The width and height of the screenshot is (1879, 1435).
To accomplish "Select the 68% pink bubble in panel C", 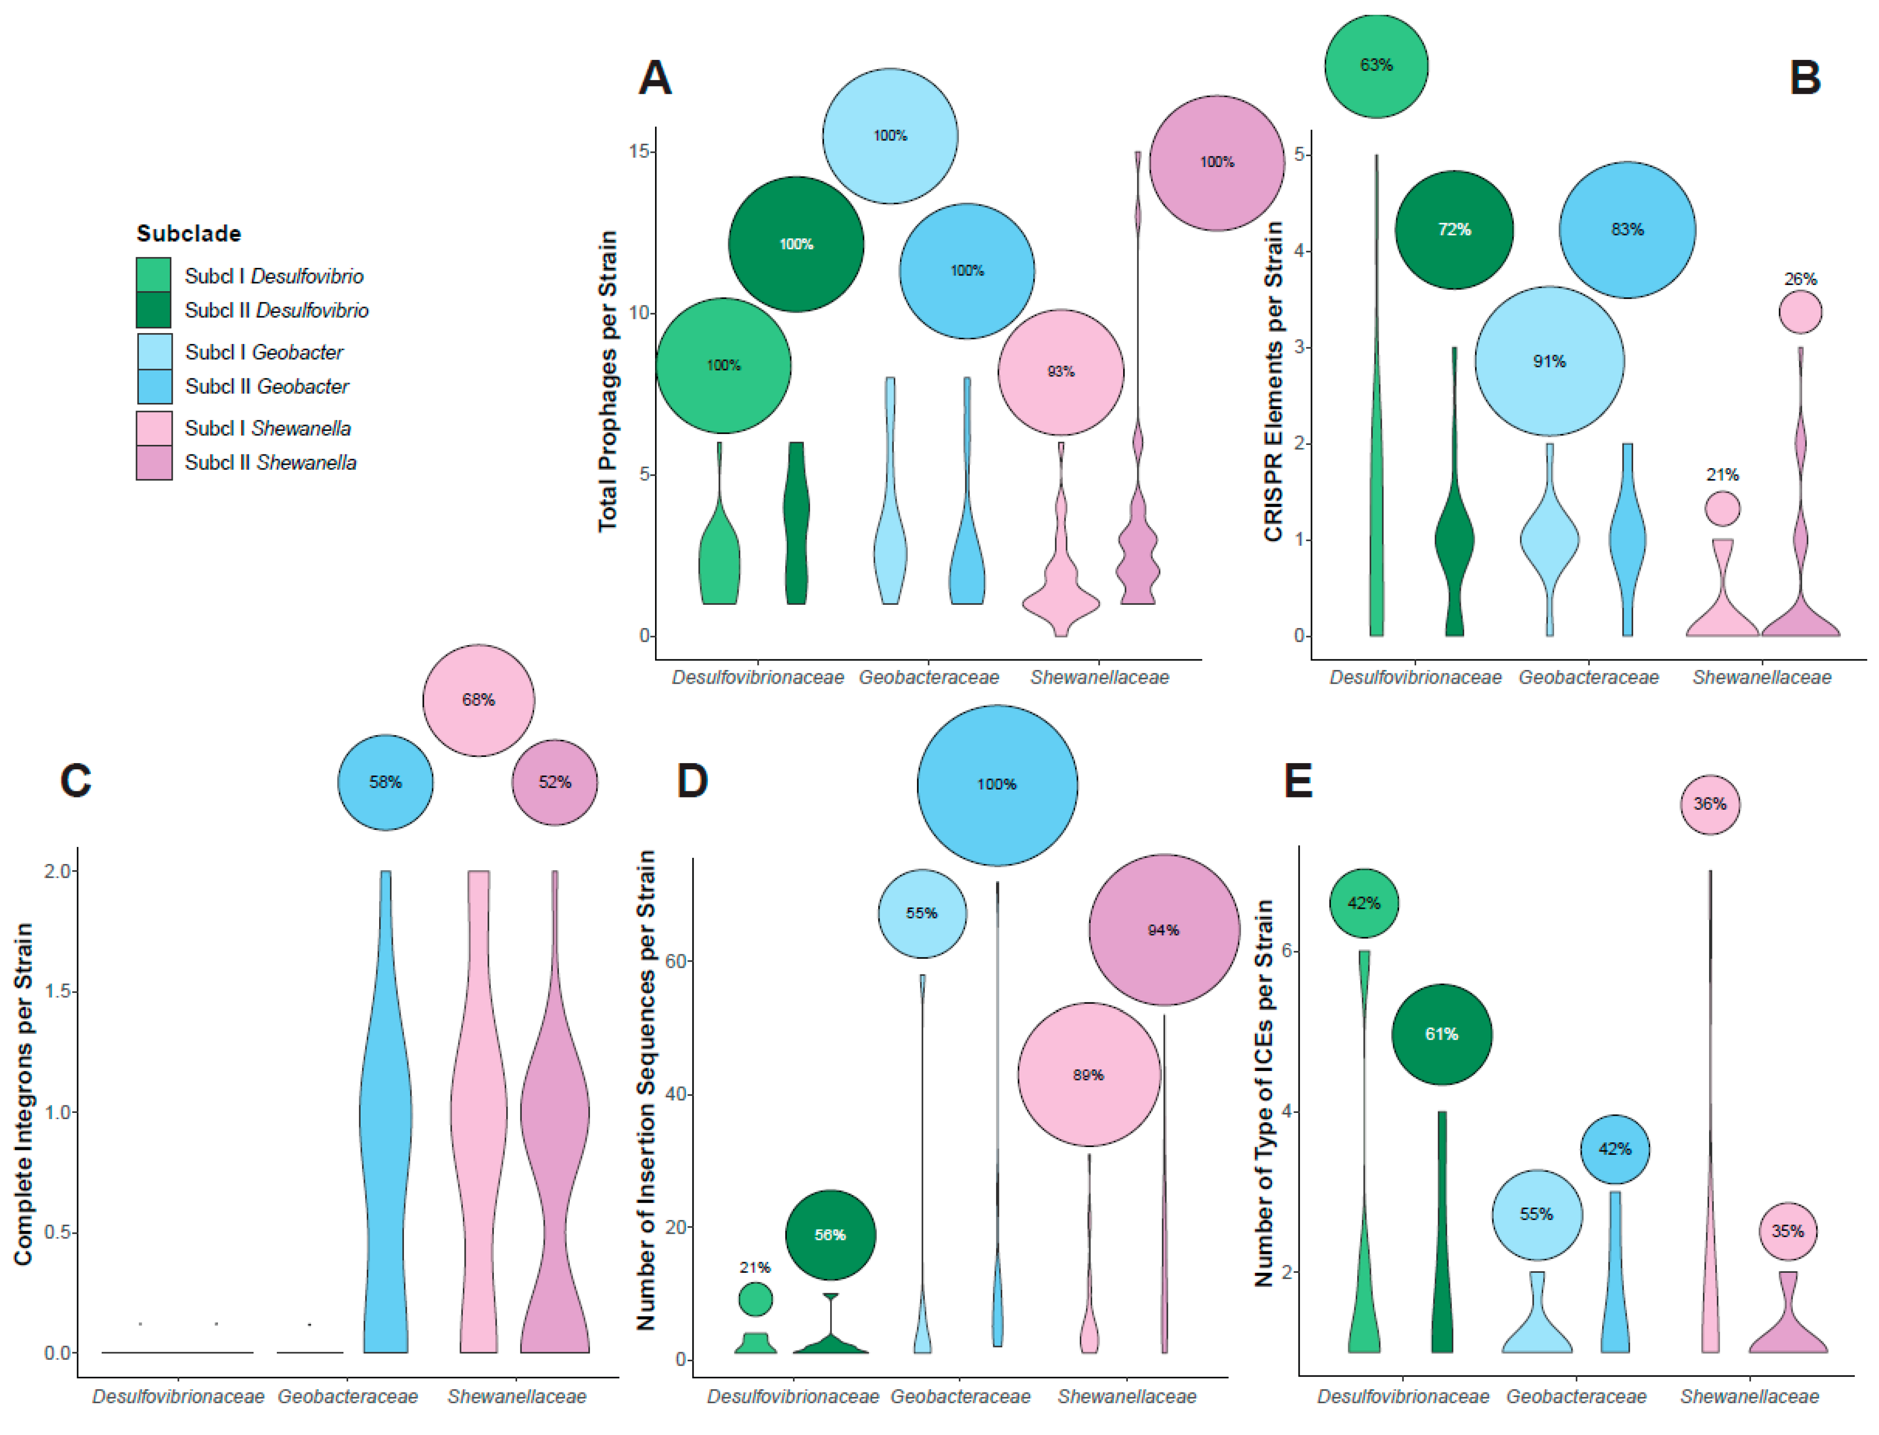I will click(x=478, y=700).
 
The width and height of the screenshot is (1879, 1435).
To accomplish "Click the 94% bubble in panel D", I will click(x=1163, y=930).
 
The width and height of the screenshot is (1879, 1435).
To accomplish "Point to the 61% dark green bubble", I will click(x=1442, y=1034).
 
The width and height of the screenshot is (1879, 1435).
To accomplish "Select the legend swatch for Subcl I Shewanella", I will click(x=155, y=428).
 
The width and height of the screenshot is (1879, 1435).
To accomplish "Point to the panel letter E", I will click(x=1298, y=781).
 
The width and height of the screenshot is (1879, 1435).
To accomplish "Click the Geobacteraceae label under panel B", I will click(x=1589, y=678).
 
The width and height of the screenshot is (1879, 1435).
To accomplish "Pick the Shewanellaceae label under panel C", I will click(x=517, y=1396).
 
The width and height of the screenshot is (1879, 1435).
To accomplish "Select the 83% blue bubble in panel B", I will click(x=1627, y=230).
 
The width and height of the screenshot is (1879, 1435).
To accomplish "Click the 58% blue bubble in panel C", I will click(x=385, y=782).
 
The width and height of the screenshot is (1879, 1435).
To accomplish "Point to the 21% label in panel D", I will click(x=755, y=1268).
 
